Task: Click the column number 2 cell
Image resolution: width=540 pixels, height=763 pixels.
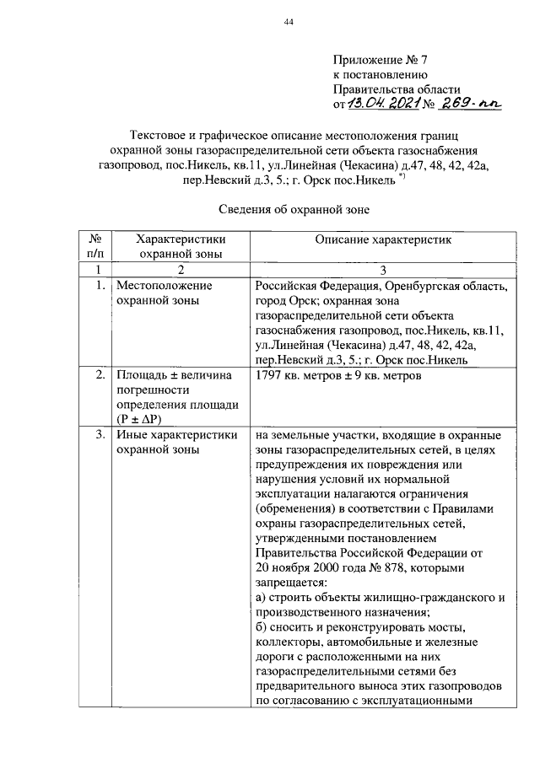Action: point(179,269)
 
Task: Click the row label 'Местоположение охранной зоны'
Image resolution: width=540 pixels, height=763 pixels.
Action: point(164,293)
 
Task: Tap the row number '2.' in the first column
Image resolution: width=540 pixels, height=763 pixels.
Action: point(100,374)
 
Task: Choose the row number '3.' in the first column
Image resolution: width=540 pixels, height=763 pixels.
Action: point(100,435)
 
